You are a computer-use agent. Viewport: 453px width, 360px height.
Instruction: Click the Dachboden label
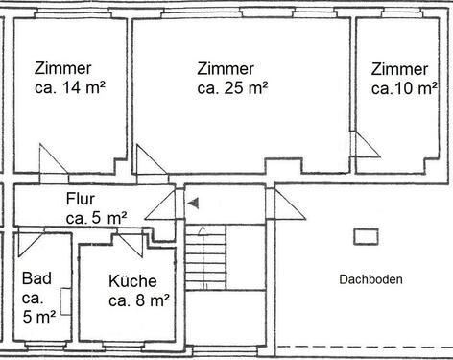point(370,279)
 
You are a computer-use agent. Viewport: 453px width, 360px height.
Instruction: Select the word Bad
point(36,278)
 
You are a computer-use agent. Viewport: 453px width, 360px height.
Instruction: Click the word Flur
point(82,200)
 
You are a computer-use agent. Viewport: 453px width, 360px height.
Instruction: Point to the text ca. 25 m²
point(232,87)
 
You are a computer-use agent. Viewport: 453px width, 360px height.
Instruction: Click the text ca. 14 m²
point(70,87)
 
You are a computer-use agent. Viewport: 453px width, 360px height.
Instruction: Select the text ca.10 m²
point(399,87)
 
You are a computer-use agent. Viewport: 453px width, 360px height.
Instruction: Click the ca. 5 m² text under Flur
point(96,218)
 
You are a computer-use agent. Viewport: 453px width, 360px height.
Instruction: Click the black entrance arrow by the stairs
point(193,204)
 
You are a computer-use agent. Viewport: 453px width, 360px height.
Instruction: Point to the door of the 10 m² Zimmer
point(365,146)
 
